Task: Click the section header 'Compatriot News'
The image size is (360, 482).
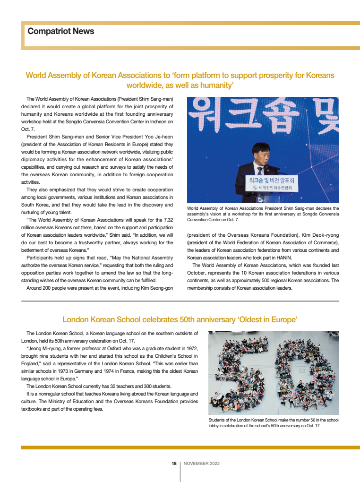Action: (x=61, y=31)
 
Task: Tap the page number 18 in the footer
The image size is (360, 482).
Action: (x=174, y=464)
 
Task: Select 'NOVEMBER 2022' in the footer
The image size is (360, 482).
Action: (x=201, y=464)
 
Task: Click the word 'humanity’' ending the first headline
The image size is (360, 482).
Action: (x=217, y=86)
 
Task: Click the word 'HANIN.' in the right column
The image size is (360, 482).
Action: (x=283, y=258)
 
